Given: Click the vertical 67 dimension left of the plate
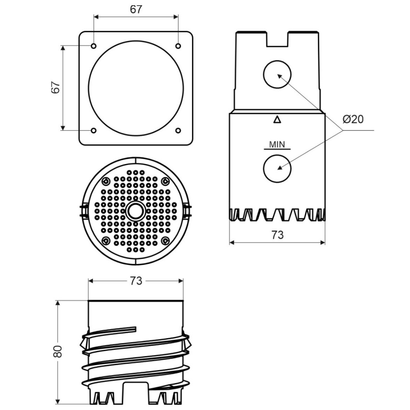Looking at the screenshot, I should pyautogui.click(x=55, y=87).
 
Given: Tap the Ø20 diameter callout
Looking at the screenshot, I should pyautogui.click(x=353, y=119).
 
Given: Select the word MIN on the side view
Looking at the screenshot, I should pyautogui.click(x=277, y=144).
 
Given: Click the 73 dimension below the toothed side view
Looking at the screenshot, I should pyautogui.click(x=277, y=235).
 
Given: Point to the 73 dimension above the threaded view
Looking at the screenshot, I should pyautogui.click(x=136, y=281).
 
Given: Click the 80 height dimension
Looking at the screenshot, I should pyautogui.click(x=57, y=352).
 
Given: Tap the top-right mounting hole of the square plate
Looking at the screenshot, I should pyautogui.click(x=178, y=46).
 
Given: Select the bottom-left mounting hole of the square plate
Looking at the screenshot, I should pyautogui.click(x=94, y=130).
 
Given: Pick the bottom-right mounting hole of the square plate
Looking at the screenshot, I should pyautogui.click(x=178, y=130).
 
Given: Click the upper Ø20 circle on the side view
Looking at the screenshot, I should pyautogui.click(x=277, y=75).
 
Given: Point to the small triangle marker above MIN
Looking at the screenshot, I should pyautogui.click(x=277, y=120).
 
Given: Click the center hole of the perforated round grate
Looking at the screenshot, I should pyautogui.click(x=136, y=211).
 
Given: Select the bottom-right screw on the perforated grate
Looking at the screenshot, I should pyautogui.click(x=165, y=240).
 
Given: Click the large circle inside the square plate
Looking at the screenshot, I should pyautogui.click(x=136, y=88).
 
